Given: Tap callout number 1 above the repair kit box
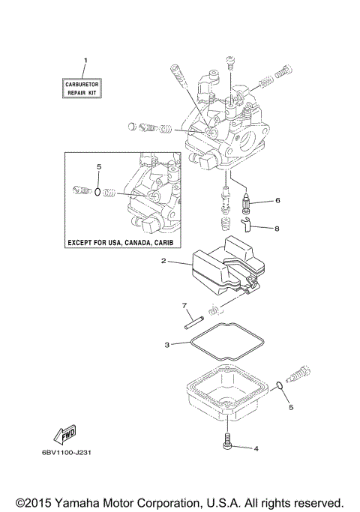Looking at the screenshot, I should pyautogui.click(x=85, y=59).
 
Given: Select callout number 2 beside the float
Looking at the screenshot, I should pyautogui.click(x=163, y=283).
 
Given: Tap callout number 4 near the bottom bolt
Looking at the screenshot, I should pyautogui.click(x=256, y=449).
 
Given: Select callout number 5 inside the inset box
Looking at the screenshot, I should pyautogui.click(x=97, y=166).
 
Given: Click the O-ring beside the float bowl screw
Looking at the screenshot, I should pyautogui.click(x=280, y=386).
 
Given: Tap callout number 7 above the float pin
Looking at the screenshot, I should pyautogui.click(x=183, y=305).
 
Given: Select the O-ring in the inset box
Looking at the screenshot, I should pyautogui.click(x=97, y=192).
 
